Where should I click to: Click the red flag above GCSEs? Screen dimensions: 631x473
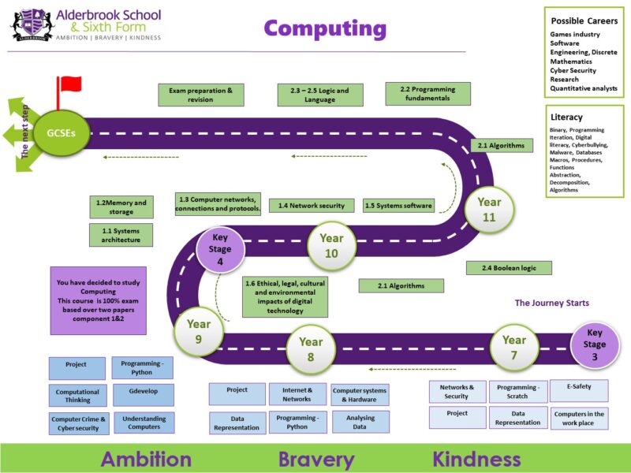click(x=69, y=85)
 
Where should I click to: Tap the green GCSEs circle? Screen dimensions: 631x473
click(x=62, y=133)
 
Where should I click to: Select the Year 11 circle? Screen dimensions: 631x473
click(x=489, y=209)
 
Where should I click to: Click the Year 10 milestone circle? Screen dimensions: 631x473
click(x=331, y=246)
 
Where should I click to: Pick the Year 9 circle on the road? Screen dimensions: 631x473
click(x=199, y=331)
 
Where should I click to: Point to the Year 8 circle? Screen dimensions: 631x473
click(x=311, y=349)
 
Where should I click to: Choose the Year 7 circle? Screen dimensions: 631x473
click(x=514, y=348)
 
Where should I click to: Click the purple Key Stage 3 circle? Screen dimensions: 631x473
click(x=595, y=345)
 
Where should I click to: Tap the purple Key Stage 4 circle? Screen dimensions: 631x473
click(x=220, y=249)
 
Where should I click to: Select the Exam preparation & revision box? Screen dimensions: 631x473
click(x=201, y=95)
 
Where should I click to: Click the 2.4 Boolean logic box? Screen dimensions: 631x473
click(x=509, y=268)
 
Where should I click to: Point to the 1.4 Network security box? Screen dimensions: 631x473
click(x=312, y=206)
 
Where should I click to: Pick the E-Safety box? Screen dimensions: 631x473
click(x=579, y=390)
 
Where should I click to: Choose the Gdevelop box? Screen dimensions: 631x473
click(x=144, y=395)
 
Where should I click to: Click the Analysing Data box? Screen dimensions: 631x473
click(x=360, y=422)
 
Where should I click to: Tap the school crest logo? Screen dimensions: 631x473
click(x=32, y=25)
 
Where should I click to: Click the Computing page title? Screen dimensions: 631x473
click(x=325, y=29)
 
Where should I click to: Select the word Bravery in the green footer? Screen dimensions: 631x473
click(x=316, y=459)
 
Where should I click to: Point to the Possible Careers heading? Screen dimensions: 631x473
click(x=584, y=21)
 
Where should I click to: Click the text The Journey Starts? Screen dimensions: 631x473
click(x=551, y=303)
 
